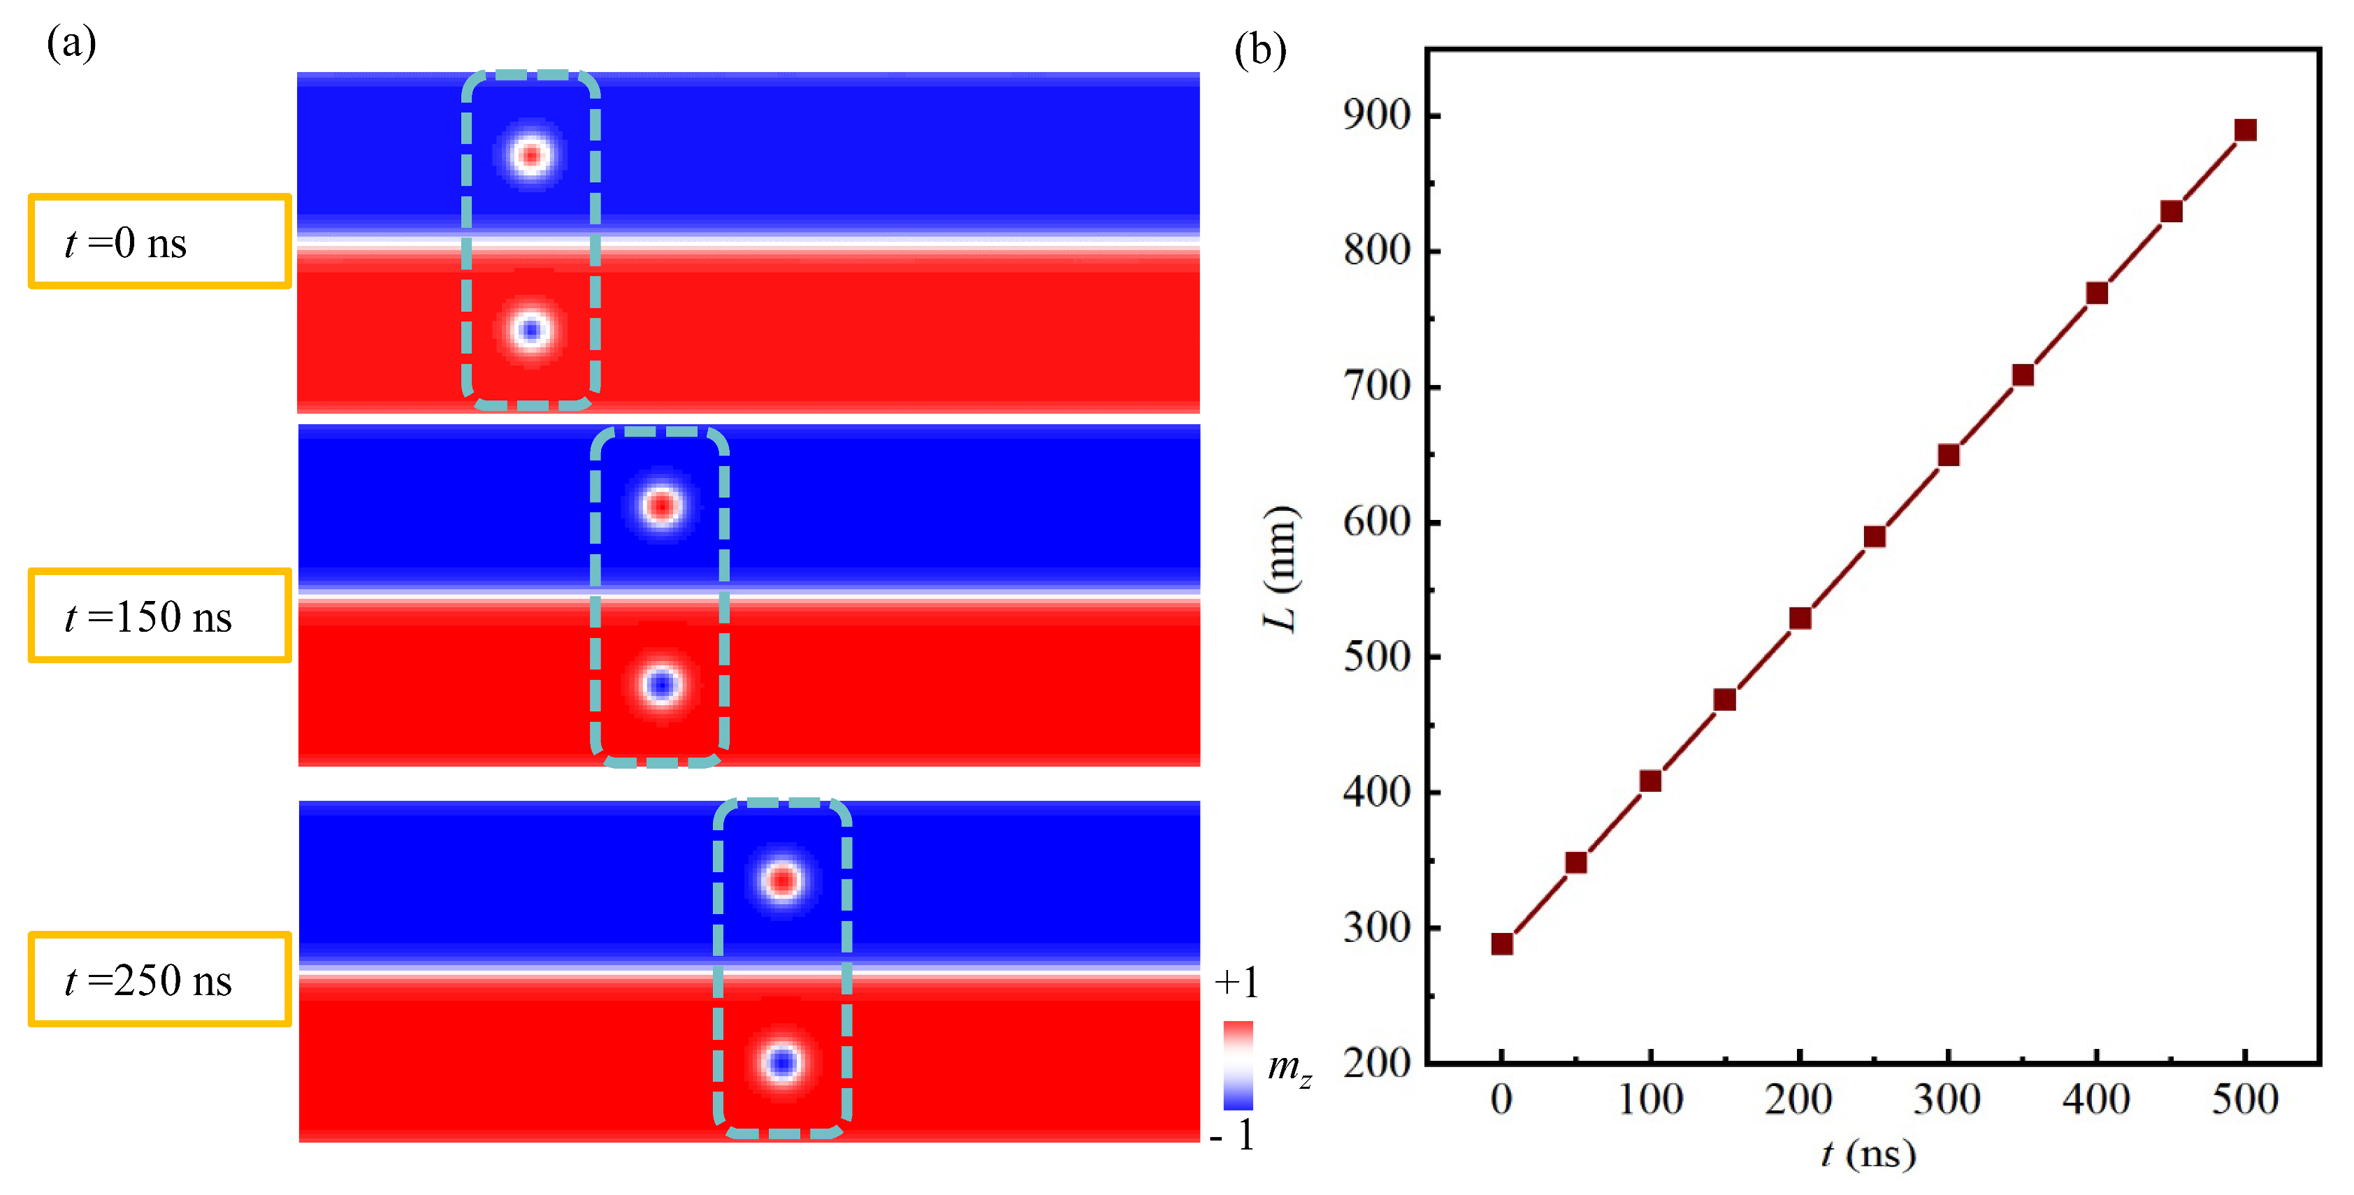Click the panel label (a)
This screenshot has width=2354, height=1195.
(71, 43)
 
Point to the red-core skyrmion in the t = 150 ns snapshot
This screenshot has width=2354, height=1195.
(660, 505)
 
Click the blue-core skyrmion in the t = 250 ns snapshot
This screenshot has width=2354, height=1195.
(782, 1062)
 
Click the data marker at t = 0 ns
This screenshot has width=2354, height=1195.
(1501, 943)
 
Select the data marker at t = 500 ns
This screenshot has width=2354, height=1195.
(2245, 130)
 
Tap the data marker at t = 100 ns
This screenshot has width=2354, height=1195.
(1650, 781)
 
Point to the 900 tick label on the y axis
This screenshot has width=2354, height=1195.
(1376, 115)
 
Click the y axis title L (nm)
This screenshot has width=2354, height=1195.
(1280, 568)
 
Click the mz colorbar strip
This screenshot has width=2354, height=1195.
(1239, 1065)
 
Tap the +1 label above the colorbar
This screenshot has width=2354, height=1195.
(1236, 983)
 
